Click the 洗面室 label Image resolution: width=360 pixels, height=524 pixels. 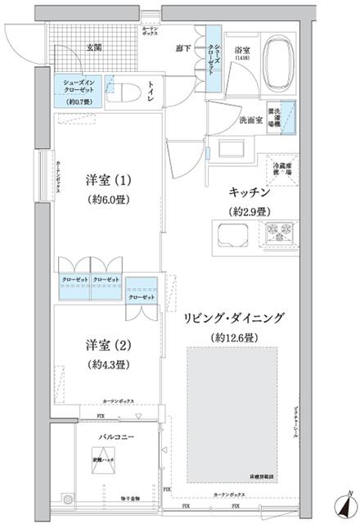[250, 120]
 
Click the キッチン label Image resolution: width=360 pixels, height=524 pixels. [250, 194]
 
